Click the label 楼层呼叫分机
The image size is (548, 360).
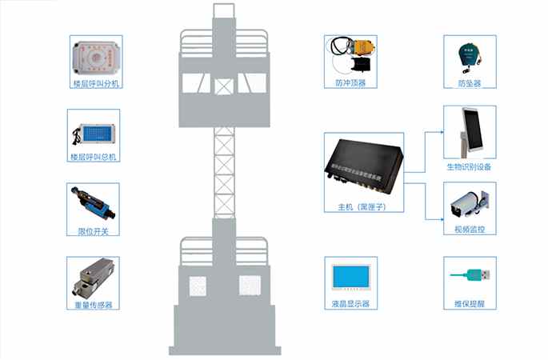95,84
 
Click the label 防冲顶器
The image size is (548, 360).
350,83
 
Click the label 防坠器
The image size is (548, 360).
470,83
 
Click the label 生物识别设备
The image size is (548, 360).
470,167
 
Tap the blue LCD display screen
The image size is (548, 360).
351,276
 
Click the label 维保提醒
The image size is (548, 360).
470,304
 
